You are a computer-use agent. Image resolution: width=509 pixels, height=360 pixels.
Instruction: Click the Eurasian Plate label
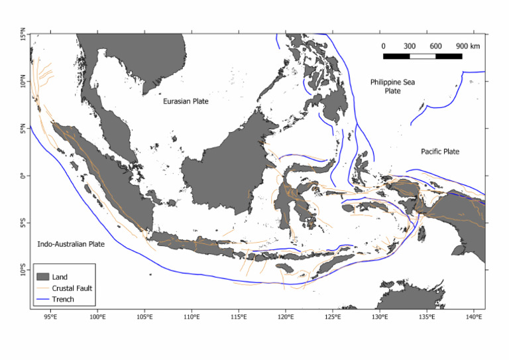pos(186,101)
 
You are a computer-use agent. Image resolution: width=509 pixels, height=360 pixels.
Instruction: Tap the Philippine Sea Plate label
pos(392,86)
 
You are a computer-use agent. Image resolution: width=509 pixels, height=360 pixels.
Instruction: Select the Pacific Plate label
pos(440,152)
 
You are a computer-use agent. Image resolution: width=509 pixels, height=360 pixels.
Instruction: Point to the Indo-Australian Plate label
pos(71,244)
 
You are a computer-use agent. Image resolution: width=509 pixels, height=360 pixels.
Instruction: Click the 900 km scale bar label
pos(467,46)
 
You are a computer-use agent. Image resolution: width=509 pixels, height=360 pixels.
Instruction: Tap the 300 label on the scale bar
pos(410,46)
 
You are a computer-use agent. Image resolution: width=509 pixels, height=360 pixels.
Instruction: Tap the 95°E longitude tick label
pos(50,317)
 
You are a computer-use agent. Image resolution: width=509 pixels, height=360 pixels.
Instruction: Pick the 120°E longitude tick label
pos(286,317)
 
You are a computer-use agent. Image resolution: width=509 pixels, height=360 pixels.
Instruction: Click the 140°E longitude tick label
pos(474,317)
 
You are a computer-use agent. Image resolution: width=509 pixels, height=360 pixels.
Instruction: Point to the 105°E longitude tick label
pos(145,317)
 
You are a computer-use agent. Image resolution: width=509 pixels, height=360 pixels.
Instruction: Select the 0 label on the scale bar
pos(383,46)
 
